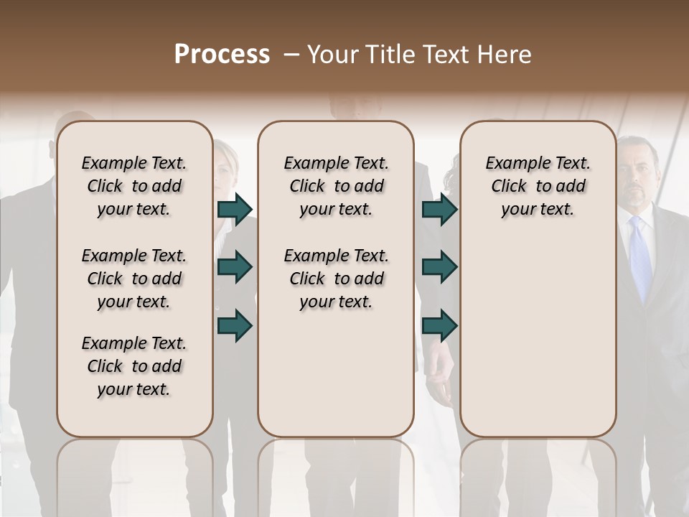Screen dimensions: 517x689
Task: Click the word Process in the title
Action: pos(222,55)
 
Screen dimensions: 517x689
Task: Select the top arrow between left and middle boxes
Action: pos(235,209)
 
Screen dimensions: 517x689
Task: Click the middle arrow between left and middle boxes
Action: pos(235,268)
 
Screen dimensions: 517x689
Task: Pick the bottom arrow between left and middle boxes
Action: pos(235,325)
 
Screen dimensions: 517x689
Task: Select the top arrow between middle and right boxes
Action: pos(440,209)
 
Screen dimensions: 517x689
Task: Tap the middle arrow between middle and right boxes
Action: pos(440,268)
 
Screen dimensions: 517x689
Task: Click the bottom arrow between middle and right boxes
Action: pos(440,325)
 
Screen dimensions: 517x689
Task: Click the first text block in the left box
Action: pos(134,186)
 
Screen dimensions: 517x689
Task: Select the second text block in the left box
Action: pos(134,279)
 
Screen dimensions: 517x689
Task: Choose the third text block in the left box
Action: pos(134,366)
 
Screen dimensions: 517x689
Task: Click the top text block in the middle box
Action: pos(336,186)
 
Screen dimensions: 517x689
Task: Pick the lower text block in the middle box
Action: pos(336,279)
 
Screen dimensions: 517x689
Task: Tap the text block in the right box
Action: pos(538,186)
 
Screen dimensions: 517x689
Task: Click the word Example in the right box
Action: pos(512,164)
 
